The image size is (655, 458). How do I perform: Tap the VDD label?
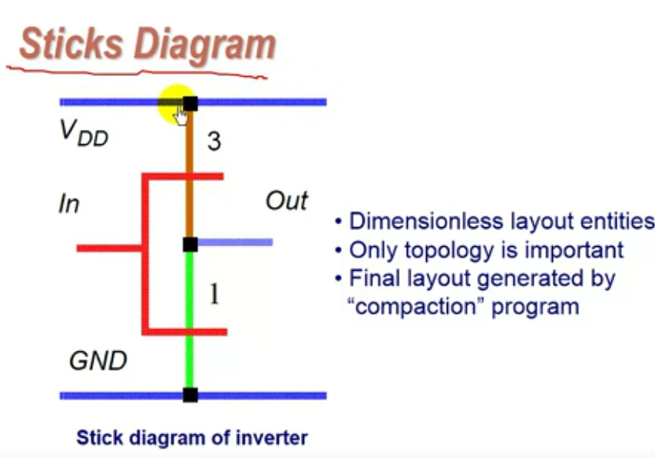tap(84, 133)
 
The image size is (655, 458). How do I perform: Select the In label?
tap(69, 204)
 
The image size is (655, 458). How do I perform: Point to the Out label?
tap(286, 201)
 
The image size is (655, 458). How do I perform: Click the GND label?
tap(98, 361)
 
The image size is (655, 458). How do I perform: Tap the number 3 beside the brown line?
tap(214, 141)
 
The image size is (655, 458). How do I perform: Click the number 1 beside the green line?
tap(214, 294)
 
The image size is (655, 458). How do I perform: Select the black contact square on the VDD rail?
tap(190, 104)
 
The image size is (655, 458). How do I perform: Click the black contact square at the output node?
tap(190, 245)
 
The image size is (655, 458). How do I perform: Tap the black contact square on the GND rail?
tap(190, 395)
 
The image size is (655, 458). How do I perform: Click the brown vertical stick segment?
tap(189, 174)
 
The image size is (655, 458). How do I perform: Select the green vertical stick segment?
tap(189, 320)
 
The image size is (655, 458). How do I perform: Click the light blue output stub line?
tap(235, 242)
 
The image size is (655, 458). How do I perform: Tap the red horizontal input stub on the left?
tap(110, 249)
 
